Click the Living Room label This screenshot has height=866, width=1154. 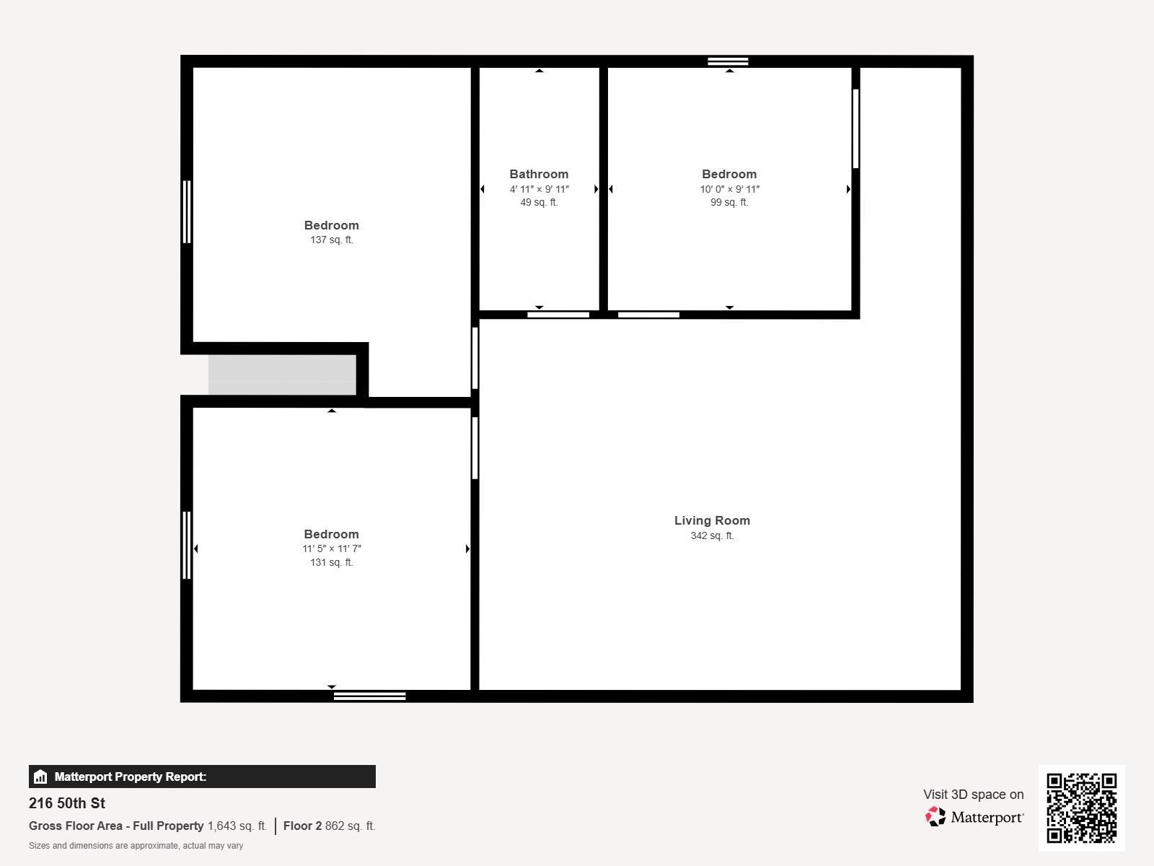[x=712, y=520]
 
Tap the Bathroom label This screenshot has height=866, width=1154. [x=539, y=174]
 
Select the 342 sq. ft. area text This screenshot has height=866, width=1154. [x=712, y=535]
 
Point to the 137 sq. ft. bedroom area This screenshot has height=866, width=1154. [x=331, y=240]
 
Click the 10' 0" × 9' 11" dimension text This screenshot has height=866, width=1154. [x=729, y=189]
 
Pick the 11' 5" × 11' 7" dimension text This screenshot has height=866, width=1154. [x=331, y=548]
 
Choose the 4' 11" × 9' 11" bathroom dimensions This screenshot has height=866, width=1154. [x=539, y=189]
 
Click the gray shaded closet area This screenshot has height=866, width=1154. [x=282, y=375]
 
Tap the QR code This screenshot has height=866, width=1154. [x=1081, y=808]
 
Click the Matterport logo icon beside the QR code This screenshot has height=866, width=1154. [x=935, y=817]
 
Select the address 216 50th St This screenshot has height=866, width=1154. [x=67, y=803]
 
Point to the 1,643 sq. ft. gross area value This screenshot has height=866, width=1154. [x=237, y=826]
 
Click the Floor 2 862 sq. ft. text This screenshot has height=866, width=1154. [x=329, y=826]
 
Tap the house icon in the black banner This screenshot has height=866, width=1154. [x=40, y=777]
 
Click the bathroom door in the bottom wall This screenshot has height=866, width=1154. [x=558, y=315]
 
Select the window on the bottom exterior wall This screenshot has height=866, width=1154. [x=369, y=696]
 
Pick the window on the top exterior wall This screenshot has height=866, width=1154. [x=728, y=61]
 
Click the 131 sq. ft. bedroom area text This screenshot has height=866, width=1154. [x=331, y=563]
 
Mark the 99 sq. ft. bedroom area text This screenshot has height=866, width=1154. [x=729, y=203]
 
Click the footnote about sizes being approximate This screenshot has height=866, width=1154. [x=136, y=846]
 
